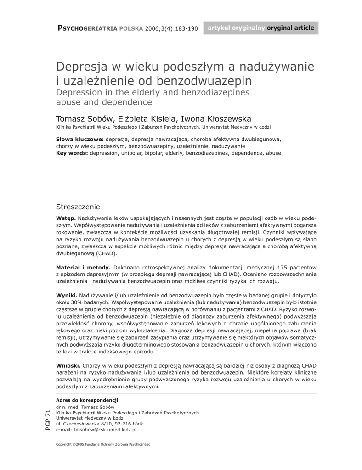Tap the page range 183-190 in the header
[184, 28]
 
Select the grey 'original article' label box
[260, 28]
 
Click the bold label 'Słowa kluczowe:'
[79, 139]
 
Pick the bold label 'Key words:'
[72, 153]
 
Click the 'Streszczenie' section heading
[78, 207]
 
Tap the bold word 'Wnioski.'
[68, 365]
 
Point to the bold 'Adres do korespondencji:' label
[87, 400]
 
